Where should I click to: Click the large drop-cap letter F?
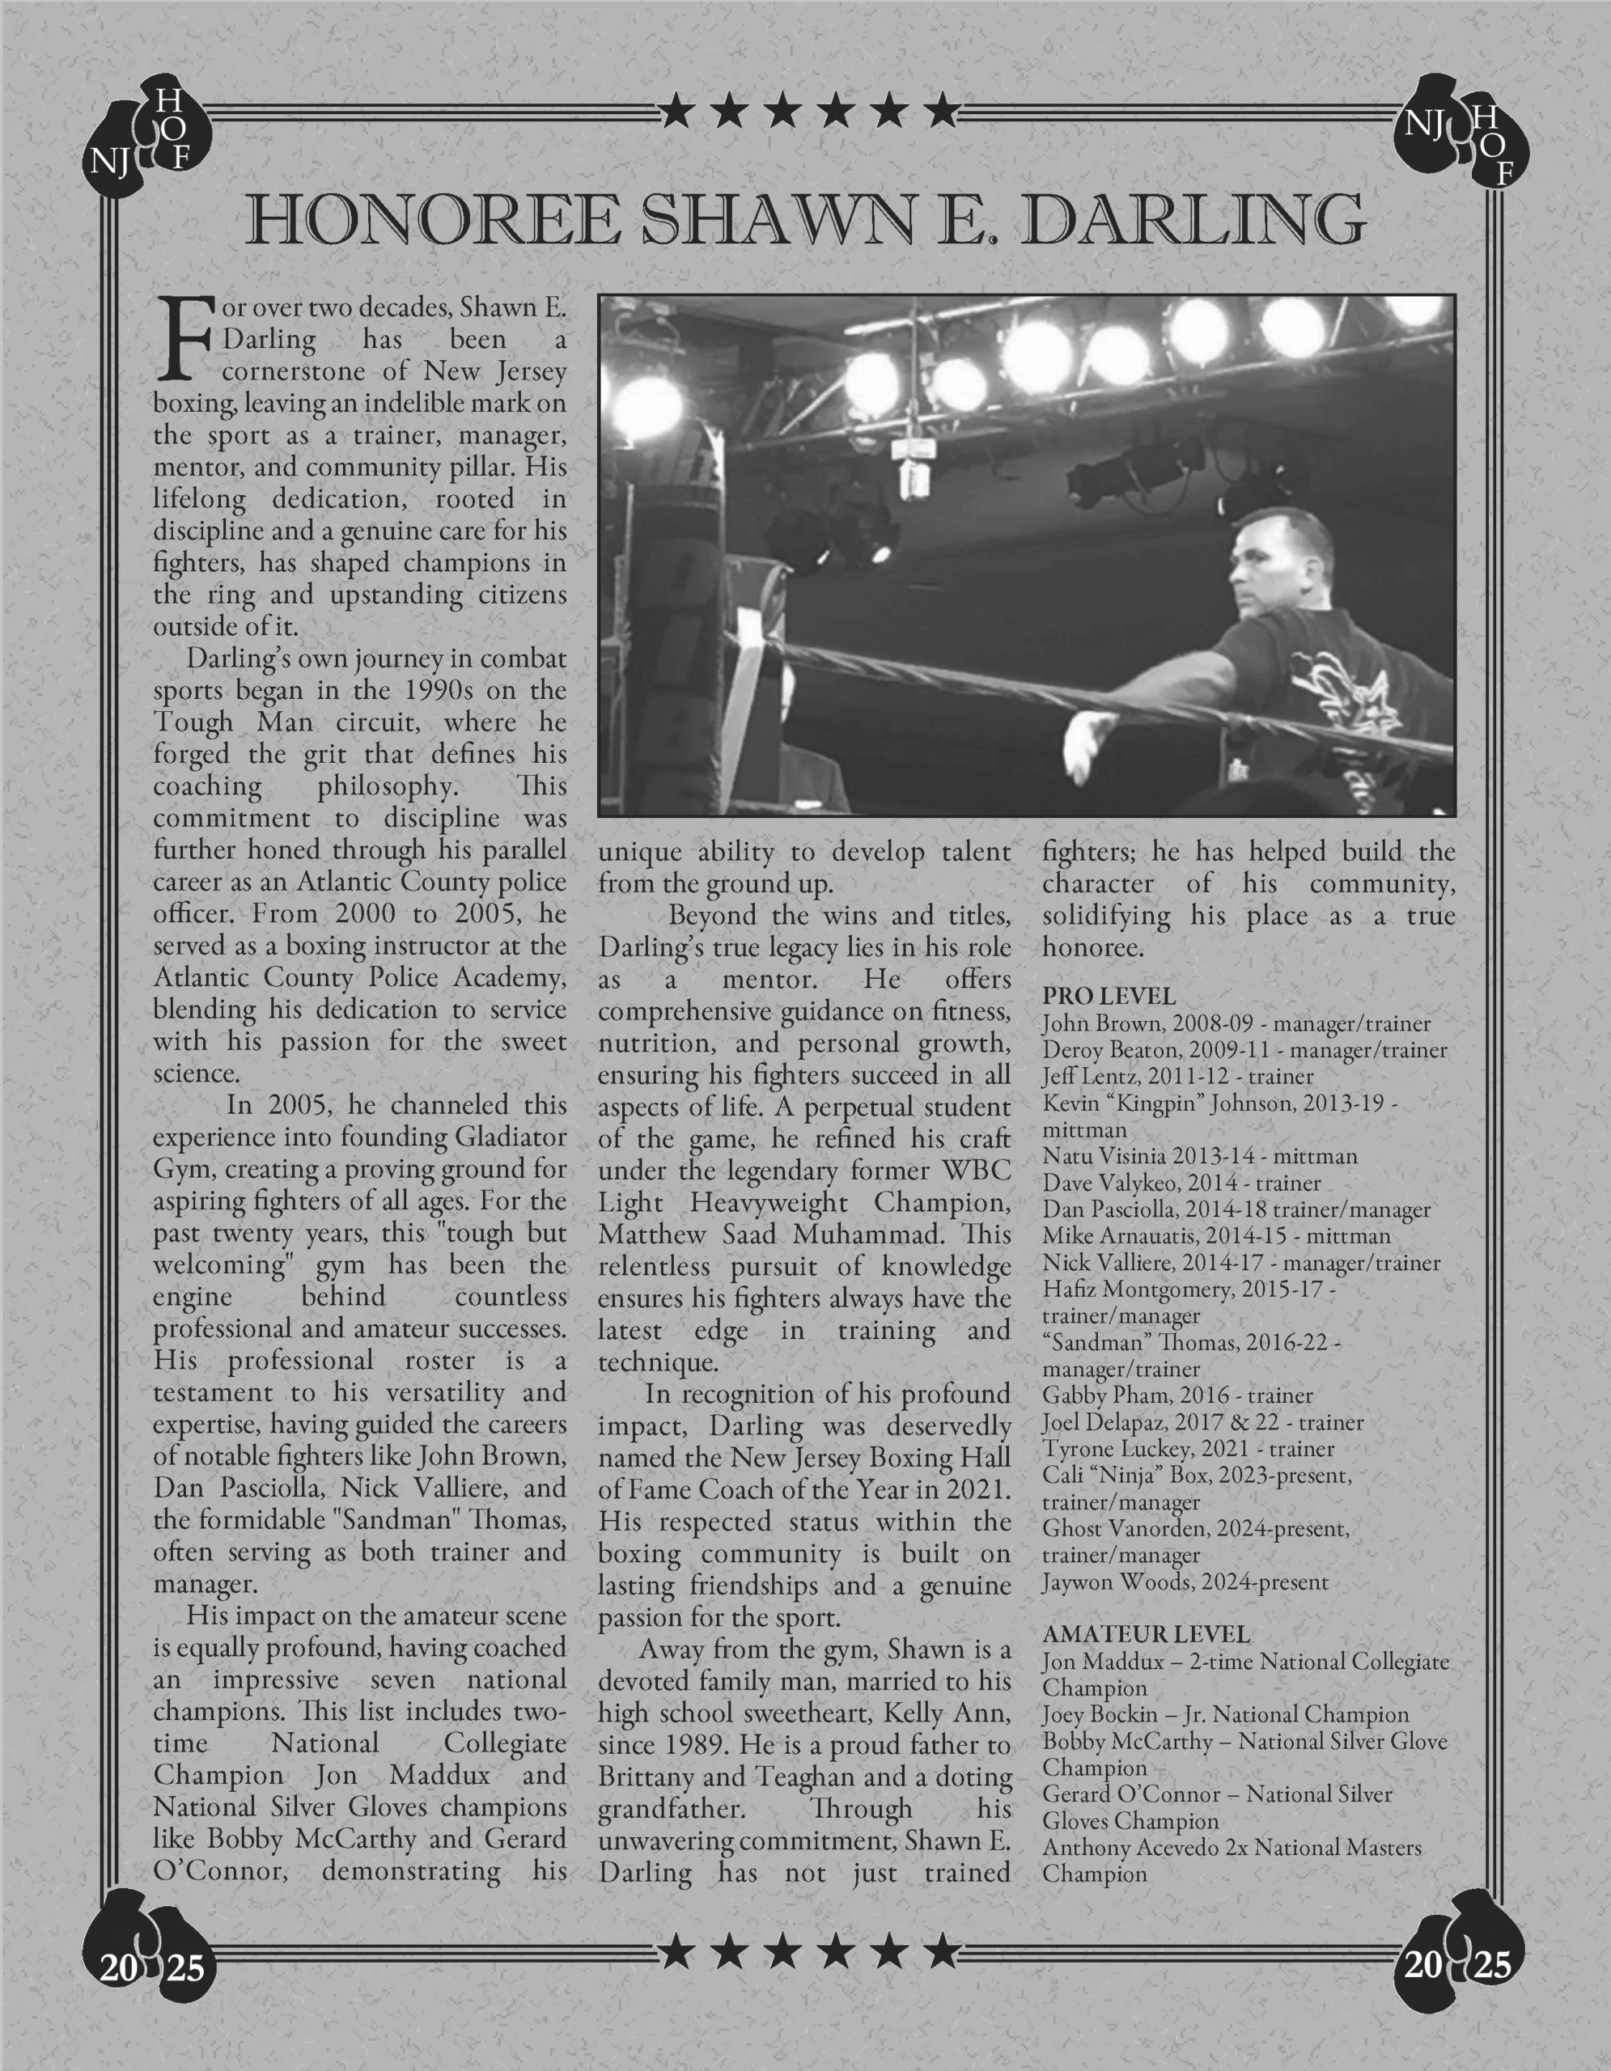coord(185,337)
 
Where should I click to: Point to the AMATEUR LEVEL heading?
coord(1146,1634)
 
